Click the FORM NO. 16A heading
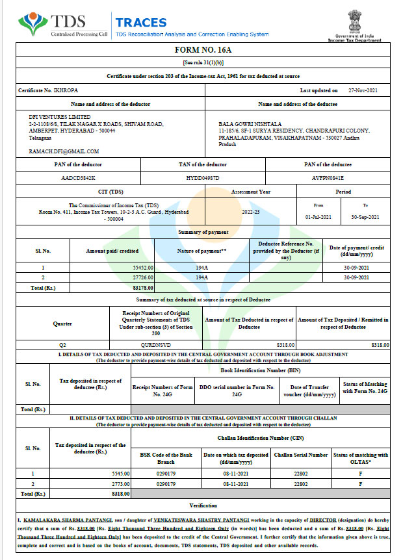(201, 50)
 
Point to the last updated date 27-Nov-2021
(363, 91)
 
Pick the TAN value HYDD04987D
(202, 177)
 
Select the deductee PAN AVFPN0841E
(328, 177)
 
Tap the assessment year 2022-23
(250, 211)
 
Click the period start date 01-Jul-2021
(318, 216)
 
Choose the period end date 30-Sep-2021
(365, 216)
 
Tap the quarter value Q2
(63, 345)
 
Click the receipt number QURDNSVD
(158, 345)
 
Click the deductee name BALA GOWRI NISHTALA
(250, 123)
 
